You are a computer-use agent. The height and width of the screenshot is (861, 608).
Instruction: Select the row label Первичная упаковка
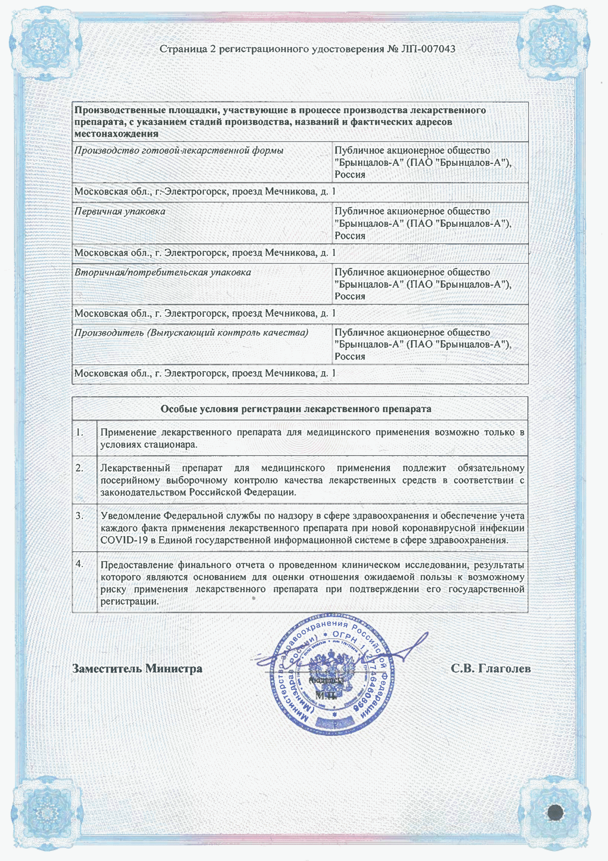click(x=119, y=212)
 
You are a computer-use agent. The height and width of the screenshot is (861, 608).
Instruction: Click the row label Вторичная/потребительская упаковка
click(x=163, y=272)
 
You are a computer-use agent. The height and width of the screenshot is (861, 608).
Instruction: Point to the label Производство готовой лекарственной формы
click(x=179, y=151)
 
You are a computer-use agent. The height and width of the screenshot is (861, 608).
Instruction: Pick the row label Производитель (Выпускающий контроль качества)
click(x=191, y=333)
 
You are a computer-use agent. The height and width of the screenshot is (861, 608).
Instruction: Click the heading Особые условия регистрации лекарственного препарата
click(x=296, y=409)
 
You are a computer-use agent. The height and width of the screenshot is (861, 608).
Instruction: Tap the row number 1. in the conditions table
click(x=80, y=432)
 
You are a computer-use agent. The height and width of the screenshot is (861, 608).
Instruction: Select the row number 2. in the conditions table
click(x=80, y=468)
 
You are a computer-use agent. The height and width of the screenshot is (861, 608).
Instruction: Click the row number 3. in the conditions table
click(x=80, y=516)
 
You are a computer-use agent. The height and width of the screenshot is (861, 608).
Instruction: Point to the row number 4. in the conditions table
click(x=80, y=564)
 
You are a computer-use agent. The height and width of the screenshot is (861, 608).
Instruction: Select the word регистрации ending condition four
click(x=129, y=601)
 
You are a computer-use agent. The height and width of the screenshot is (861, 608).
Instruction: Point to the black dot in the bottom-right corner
click(x=556, y=812)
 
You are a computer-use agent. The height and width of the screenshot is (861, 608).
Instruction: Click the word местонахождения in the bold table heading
click(x=116, y=134)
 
